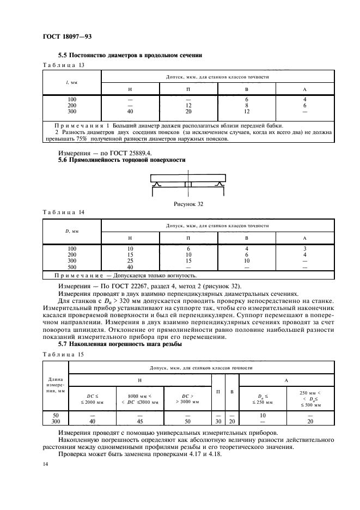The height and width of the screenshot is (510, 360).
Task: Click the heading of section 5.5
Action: [130, 55]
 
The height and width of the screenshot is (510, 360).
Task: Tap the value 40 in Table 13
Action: [130, 112]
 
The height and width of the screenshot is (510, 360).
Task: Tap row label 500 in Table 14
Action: [72, 267]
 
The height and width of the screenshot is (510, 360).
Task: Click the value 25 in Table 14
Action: [130, 261]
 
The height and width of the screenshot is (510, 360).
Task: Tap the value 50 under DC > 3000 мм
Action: [188, 421]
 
